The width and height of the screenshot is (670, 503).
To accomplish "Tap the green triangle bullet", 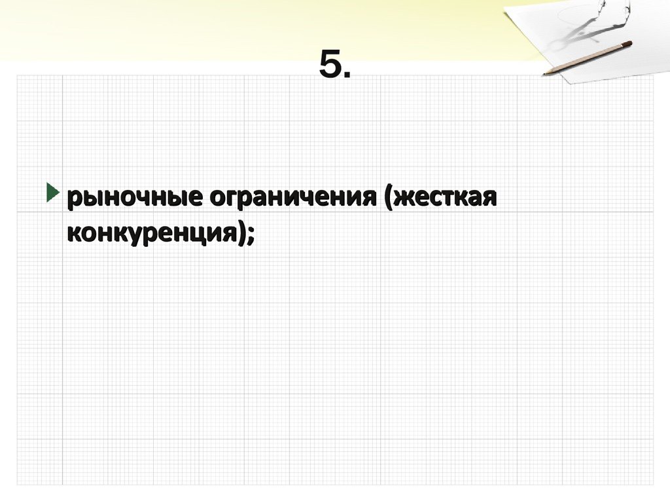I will pyautogui.click(x=52, y=193).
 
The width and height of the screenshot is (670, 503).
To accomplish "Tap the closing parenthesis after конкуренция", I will pyautogui.click(x=239, y=234).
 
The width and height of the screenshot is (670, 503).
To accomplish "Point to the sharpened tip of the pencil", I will pyautogui.click(x=544, y=73).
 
